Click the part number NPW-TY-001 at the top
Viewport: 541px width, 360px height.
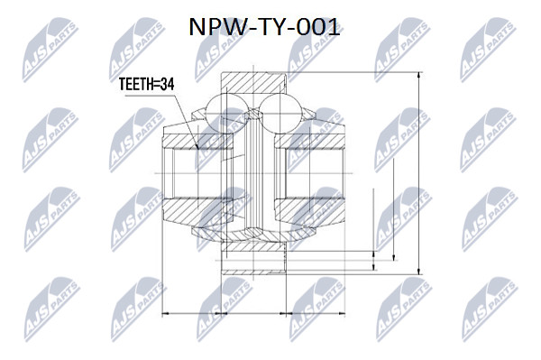(x=264, y=27)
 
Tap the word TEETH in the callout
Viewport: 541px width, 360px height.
(x=136, y=84)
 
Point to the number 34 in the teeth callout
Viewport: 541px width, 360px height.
(x=168, y=84)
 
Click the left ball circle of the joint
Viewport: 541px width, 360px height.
(x=227, y=113)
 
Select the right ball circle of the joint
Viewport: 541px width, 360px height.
(x=280, y=113)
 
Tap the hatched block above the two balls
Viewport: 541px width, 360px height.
(x=253, y=82)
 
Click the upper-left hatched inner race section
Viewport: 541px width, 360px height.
(x=197, y=142)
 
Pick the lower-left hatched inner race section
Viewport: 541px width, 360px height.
(x=198, y=209)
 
